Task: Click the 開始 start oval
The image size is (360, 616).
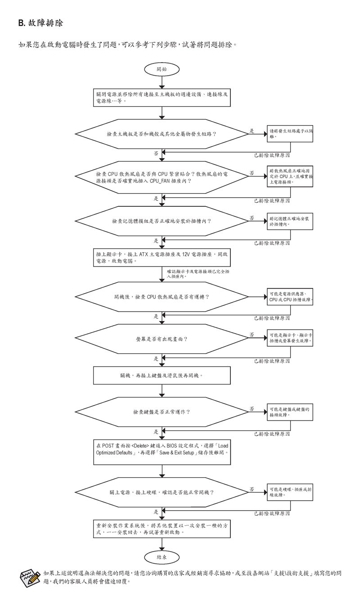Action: coord(162,69)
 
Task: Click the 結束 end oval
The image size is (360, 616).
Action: coord(162,557)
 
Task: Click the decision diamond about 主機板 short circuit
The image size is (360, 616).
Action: coord(162,134)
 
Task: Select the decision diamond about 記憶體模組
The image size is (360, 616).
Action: coord(162,221)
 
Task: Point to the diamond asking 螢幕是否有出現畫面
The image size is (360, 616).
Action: coord(162,338)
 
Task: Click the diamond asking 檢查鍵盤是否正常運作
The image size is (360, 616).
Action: coord(162,412)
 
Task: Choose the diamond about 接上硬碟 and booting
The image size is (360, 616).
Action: coord(162,492)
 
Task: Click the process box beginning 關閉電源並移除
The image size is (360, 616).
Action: coord(162,97)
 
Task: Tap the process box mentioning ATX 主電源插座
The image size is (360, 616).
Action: coord(162,257)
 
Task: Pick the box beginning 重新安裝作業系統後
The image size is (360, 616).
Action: coord(162,528)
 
